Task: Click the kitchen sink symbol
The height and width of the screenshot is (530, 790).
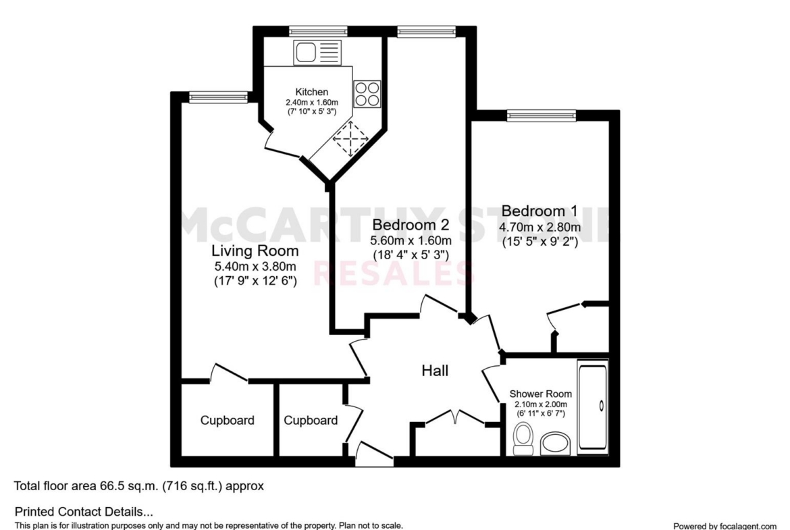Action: click(317, 53)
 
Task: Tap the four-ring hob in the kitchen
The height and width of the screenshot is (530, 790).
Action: click(367, 95)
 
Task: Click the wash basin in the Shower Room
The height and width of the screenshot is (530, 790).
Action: click(555, 444)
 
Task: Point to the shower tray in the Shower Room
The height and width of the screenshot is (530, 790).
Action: click(593, 406)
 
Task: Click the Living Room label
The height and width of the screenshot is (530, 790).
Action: click(255, 250)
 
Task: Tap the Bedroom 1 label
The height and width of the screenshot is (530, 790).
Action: click(539, 211)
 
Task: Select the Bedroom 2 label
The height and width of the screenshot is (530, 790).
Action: click(411, 224)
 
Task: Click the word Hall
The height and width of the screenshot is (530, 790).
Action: click(435, 371)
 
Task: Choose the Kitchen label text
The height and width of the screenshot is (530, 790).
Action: click(312, 92)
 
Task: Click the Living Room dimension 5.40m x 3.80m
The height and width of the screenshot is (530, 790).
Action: click(255, 266)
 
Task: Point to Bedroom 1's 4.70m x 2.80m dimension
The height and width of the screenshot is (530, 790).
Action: click(539, 228)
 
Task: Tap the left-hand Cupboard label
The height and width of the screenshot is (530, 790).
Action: click(228, 420)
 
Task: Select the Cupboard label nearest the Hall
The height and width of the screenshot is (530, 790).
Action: click(311, 420)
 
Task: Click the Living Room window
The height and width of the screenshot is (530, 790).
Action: click(219, 97)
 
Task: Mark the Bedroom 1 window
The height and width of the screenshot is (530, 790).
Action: click(541, 115)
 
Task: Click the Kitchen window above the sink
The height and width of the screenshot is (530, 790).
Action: click(318, 31)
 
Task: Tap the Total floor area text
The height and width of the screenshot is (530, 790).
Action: click(138, 486)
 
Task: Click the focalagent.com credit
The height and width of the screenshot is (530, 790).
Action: click(725, 526)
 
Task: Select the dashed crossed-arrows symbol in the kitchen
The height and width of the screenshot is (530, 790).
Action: click(350, 138)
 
